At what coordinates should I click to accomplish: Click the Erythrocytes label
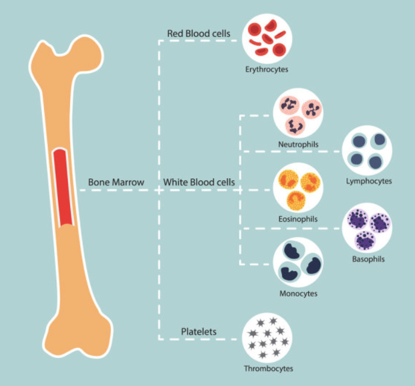(x=266, y=70)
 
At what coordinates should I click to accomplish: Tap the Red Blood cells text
(x=199, y=33)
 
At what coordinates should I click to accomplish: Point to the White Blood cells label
(x=199, y=182)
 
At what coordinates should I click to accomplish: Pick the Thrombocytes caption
(x=268, y=369)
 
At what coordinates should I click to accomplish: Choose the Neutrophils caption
(x=298, y=143)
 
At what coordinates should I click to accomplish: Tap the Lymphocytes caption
(x=369, y=181)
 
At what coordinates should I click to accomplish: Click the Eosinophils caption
(x=298, y=219)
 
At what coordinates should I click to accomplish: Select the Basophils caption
(x=368, y=259)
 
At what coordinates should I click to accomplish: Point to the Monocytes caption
(x=298, y=294)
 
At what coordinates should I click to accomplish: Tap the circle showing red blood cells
(x=267, y=39)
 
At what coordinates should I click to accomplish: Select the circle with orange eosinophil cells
(x=298, y=188)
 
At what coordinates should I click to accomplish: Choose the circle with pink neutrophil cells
(x=298, y=113)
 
